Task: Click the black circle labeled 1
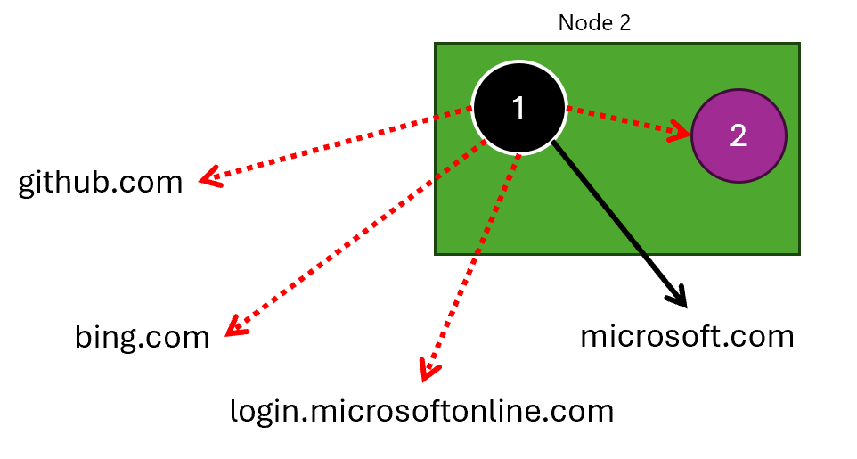[x=518, y=107]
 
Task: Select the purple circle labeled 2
[x=739, y=135]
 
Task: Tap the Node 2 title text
[x=594, y=23]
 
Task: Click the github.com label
[x=101, y=182]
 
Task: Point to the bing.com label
[x=143, y=337]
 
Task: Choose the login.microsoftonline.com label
[x=422, y=412]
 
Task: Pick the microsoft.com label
[x=687, y=336]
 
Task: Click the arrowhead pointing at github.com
[x=210, y=176]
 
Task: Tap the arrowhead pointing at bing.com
[x=236, y=325]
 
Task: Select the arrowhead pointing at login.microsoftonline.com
[x=429, y=370]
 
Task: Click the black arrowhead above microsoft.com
[x=677, y=297]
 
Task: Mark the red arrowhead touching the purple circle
[x=680, y=131]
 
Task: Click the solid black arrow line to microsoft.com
[x=618, y=223]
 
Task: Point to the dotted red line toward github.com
[x=336, y=143]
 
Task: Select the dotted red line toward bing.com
[x=355, y=237]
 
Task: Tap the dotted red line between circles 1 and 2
[x=629, y=119]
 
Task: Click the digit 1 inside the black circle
[x=518, y=107]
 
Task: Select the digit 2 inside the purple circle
[x=739, y=135]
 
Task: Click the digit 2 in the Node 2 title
[x=624, y=23]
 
